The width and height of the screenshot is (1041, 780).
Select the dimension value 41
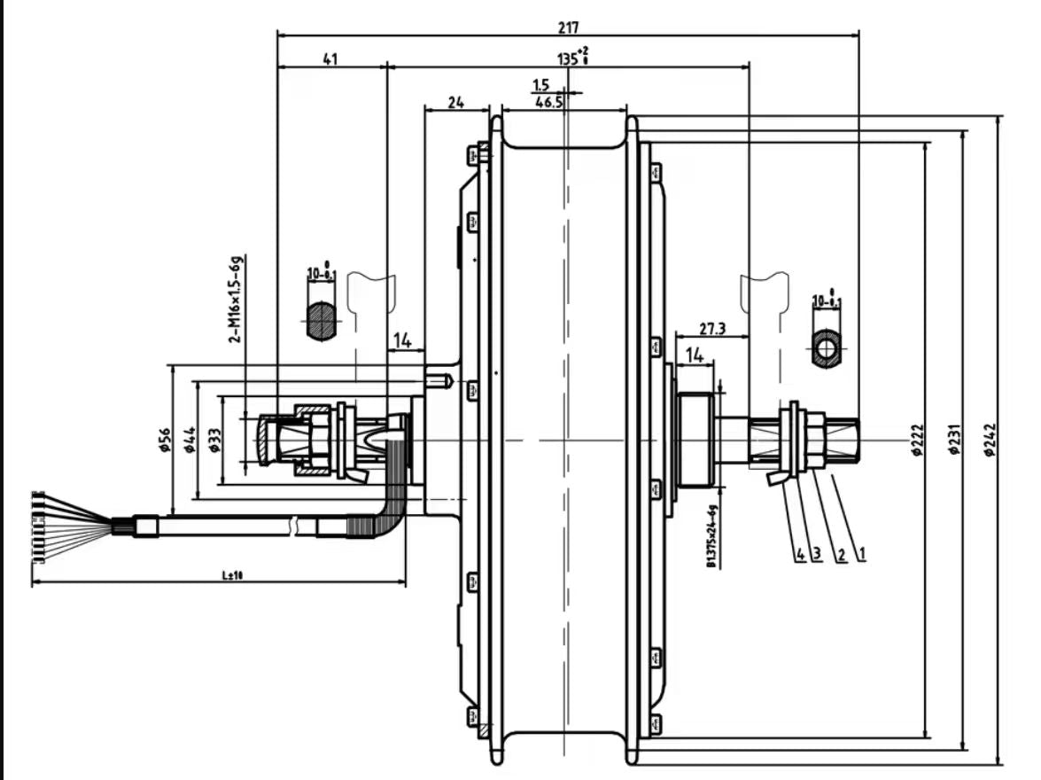(330, 59)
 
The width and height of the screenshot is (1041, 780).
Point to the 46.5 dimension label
(549, 103)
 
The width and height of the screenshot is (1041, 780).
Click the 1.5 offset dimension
(541, 85)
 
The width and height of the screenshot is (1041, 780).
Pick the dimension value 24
(455, 103)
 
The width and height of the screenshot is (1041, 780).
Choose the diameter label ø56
(164, 440)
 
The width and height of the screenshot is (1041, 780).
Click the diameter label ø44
(189, 440)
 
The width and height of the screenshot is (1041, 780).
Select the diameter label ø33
(214, 440)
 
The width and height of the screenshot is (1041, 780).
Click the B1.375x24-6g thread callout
(711, 536)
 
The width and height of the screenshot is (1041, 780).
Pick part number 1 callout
(861, 555)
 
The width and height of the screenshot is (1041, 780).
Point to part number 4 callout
(800, 555)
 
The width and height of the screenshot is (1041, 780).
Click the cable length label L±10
(233, 576)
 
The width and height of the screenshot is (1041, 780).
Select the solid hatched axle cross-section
(322, 321)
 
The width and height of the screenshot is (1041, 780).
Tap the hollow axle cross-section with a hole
(827, 347)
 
